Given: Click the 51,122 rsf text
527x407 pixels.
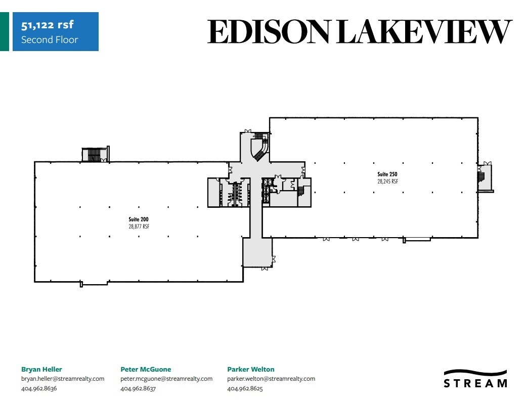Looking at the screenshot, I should click(x=48, y=25).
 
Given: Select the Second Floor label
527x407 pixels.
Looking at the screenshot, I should click(x=50, y=39).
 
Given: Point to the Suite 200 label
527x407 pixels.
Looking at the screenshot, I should click(x=139, y=219).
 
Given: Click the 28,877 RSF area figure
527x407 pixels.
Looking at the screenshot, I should click(x=139, y=227).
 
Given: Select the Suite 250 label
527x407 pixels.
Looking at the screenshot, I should click(x=387, y=174).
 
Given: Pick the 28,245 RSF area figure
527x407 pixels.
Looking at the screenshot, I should click(x=387, y=181).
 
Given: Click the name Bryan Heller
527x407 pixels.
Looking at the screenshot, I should click(x=41, y=369).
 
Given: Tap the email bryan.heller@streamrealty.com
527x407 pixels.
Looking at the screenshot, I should click(x=63, y=379).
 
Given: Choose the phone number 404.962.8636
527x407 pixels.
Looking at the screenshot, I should click(x=39, y=388).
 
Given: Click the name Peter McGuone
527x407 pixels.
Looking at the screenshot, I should click(x=146, y=369).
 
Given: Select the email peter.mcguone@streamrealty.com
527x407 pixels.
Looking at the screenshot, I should click(x=166, y=379).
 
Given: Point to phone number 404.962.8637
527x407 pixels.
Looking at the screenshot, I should click(x=138, y=388).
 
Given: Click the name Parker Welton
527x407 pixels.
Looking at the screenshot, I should click(x=251, y=369).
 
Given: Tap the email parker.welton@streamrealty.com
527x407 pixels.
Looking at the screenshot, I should click(x=271, y=379).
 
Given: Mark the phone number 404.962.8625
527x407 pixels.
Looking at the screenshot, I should click(x=245, y=388).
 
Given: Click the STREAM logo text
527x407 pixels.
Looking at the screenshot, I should click(x=475, y=383).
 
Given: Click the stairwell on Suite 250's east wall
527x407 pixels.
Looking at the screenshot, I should click(x=481, y=177).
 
